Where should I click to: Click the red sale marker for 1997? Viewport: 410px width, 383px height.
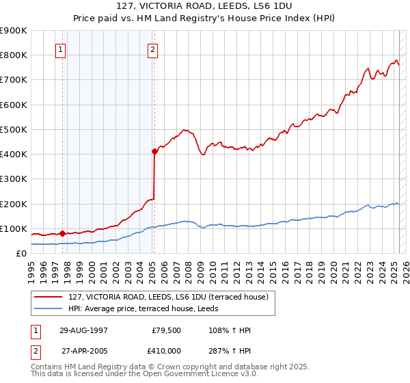point(63,233)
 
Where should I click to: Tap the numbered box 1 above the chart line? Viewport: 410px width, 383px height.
point(60,49)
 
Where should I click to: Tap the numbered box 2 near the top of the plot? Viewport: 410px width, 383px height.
point(152,49)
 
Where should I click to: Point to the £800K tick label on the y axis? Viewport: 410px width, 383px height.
point(14,55)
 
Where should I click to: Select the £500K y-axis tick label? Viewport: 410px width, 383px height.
point(14,129)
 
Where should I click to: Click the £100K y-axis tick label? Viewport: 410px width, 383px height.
point(14,228)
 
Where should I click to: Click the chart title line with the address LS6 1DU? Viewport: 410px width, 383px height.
point(205,8)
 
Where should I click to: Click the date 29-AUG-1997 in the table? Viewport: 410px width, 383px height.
point(83,330)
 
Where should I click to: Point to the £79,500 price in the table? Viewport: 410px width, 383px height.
point(166,330)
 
